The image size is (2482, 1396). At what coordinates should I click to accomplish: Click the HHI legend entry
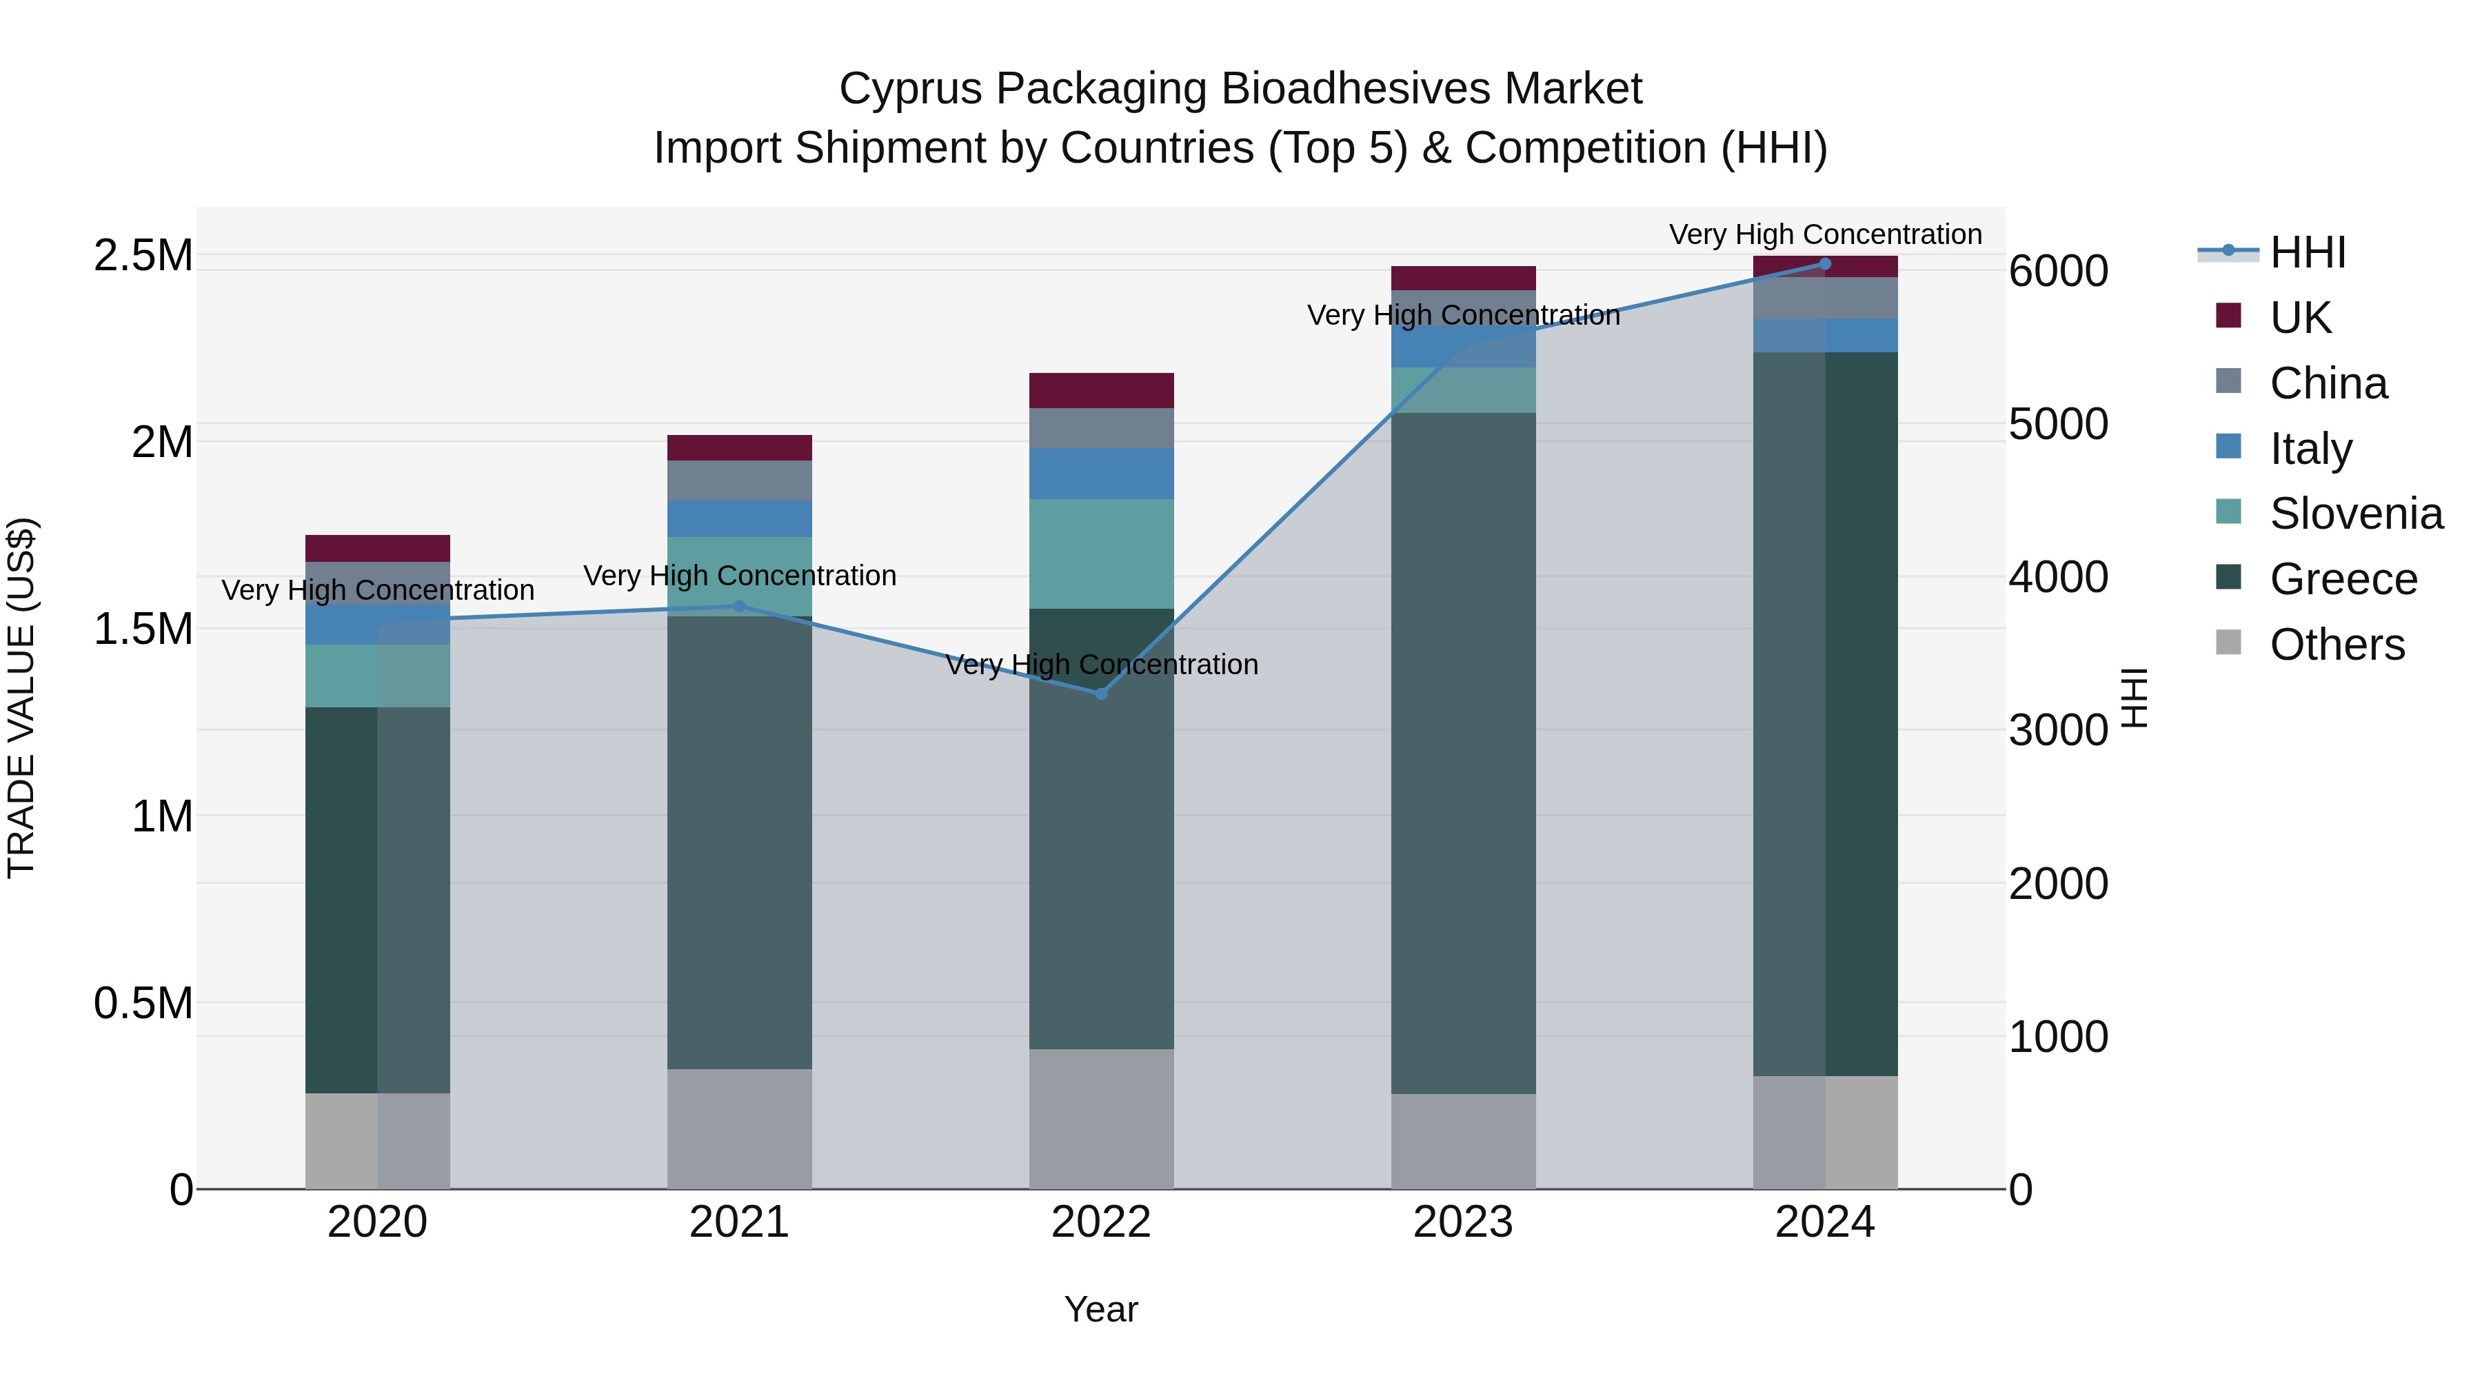point(2307,252)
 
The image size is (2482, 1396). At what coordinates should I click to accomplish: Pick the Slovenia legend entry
point(2355,514)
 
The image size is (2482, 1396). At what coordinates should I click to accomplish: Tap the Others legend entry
point(2337,645)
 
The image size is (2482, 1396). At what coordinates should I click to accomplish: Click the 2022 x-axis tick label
point(1100,1222)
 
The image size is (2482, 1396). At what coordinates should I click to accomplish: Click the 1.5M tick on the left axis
point(143,629)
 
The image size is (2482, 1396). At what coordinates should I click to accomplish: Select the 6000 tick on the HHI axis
point(2058,271)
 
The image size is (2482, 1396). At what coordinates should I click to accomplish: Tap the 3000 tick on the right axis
point(2058,730)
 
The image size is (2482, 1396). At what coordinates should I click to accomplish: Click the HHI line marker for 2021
point(739,606)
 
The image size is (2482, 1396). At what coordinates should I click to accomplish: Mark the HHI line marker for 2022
point(1101,694)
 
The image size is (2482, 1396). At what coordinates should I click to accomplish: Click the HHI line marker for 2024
point(1825,263)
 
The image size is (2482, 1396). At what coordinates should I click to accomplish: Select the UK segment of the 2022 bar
point(1101,390)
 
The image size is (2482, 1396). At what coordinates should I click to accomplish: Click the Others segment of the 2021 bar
point(739,1128)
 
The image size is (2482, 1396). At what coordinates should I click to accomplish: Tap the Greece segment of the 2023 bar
point(1462,752)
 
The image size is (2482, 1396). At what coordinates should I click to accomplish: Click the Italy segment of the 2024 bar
point(1825,335)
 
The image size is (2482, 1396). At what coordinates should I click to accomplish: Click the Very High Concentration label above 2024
point(1825,234)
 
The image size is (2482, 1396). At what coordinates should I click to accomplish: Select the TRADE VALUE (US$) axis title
point(21,698)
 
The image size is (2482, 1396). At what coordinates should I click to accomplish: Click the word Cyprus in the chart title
point(911,89)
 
